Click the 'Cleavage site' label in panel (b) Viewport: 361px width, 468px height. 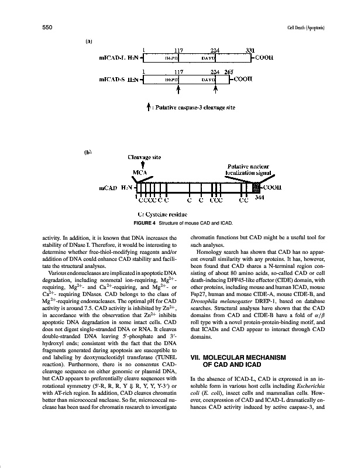pos(143,157)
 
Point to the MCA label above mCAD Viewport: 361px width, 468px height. pos(141,173)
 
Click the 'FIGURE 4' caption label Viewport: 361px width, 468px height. pos(144,223)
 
